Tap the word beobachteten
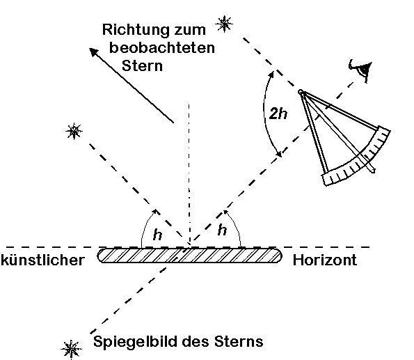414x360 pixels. [x=162, y=47]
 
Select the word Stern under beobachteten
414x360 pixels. [x=142, y=65]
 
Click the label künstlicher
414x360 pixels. [x=42, y=260]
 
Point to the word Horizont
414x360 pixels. [x=325, y=260]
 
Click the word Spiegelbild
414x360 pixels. [x=136, y=342]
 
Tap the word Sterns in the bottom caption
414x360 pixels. [x=239, y=341]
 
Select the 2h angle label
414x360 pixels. [x=278, y=114]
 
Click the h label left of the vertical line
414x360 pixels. [x=158, y=235]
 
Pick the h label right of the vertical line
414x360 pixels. [x=223, y=230]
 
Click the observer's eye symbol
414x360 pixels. [x=361, y=69]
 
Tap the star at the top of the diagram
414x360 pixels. [x=224, y=24]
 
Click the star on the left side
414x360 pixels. [x=74, y=131]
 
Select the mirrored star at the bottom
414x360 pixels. [x=71, y=350]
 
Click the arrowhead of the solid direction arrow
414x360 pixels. [x=94, y=52]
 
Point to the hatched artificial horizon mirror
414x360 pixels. [x=189, y=256]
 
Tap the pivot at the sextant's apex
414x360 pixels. [x=301, y=92]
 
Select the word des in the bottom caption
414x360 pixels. [x=196, y=341]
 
